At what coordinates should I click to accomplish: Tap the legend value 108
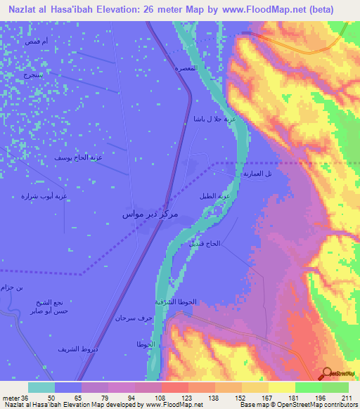click(160, 396)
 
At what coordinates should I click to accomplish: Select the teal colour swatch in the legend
click(41, 387)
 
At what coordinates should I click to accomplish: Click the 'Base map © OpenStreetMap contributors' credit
click(297, 405)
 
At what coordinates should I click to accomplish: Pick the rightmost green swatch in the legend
click(335, 387)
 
